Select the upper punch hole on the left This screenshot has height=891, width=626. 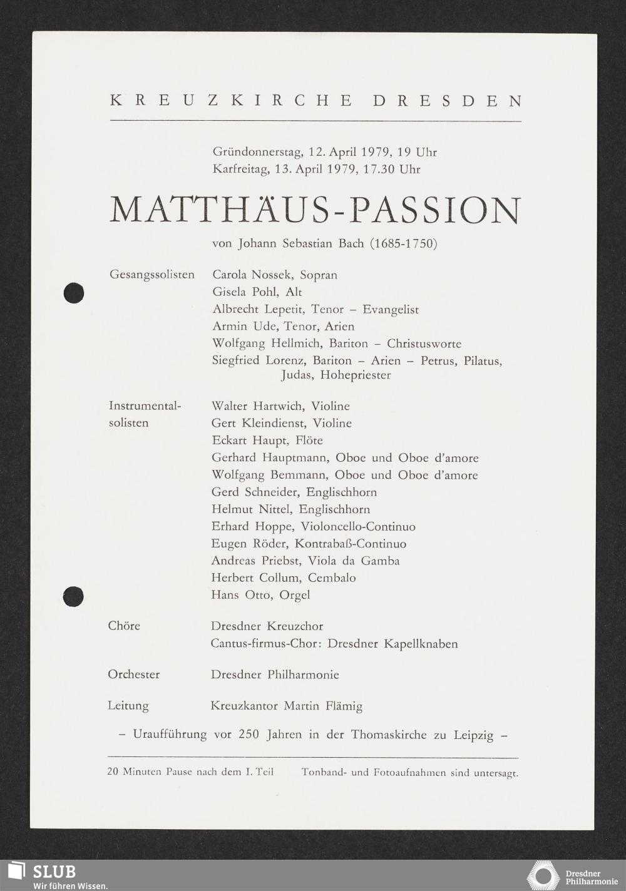click(x=74, y=293)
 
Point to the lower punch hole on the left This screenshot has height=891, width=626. click(x=74, y=596)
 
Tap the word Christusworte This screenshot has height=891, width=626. click(x=424, y=344)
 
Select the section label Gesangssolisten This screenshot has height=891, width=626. click(x=151, y=275)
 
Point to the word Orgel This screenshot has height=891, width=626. click(x=294, y=595)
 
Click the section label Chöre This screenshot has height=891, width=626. click(x=124, y=626)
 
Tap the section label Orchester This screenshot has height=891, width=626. click(x=133, y=675)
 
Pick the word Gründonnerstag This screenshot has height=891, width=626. click(x=257, y=152)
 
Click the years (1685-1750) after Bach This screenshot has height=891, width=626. click(x=403, y=243)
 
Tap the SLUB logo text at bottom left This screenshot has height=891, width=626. click(x=54, y=872)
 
